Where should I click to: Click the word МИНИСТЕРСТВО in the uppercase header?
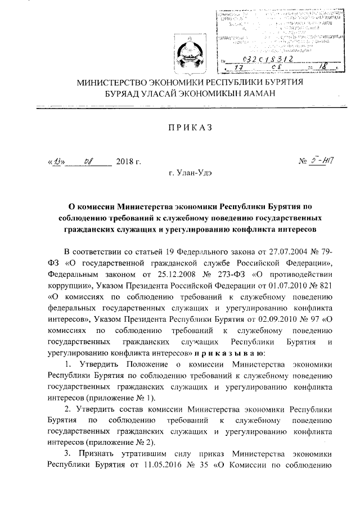pyautogui.click(x=119, y=83)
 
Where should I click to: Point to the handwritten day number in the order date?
pyautogui.click(x=57, y=163)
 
